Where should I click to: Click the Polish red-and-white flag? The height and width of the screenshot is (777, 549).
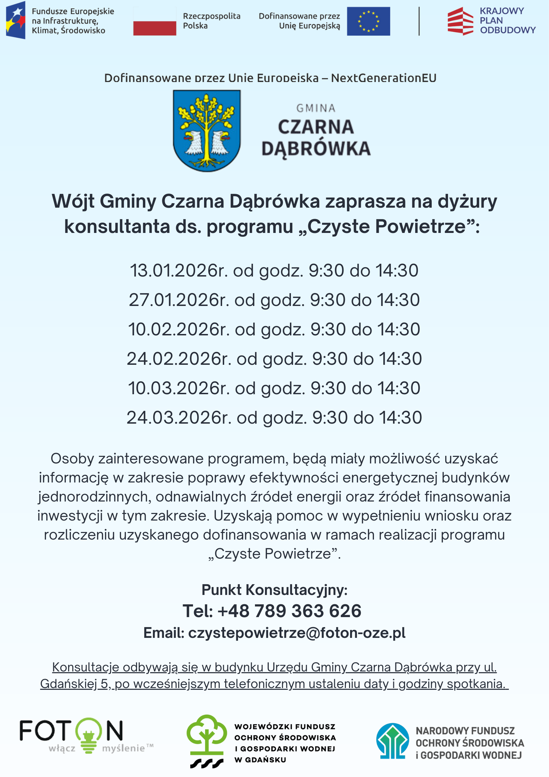tap(155, 21)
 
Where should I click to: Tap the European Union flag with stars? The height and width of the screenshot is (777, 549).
tap(368, 21)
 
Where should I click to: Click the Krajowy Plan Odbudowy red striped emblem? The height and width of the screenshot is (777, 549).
tap(460, 21)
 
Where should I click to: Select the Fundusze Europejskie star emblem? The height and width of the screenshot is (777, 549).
tap(16, 20)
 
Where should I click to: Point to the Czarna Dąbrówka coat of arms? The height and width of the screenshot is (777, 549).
tap(207, 130)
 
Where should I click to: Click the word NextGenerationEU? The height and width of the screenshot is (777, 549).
tap(384, 78)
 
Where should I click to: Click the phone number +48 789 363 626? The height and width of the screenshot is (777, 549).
tap(289, 611)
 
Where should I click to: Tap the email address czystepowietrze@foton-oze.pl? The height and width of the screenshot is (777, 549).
tap(297, 633)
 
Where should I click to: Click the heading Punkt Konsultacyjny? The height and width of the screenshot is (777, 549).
tap(274, 590)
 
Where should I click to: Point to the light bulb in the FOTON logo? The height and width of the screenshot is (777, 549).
tap(89, 735)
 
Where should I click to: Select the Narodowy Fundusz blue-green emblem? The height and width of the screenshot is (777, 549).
tap(393, 741)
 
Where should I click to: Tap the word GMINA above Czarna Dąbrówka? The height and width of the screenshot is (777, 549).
tap(316, 108)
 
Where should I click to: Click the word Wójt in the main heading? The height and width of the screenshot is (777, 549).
tap(73, 201)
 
